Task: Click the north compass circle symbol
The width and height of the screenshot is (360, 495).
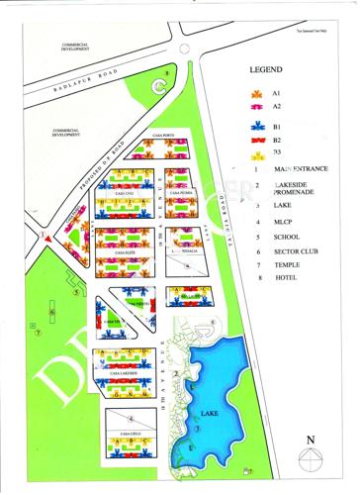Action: coord(312,457)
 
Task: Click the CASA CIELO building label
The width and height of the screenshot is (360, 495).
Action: coord(130,434)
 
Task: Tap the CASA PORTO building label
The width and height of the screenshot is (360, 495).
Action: coord(161,135)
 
